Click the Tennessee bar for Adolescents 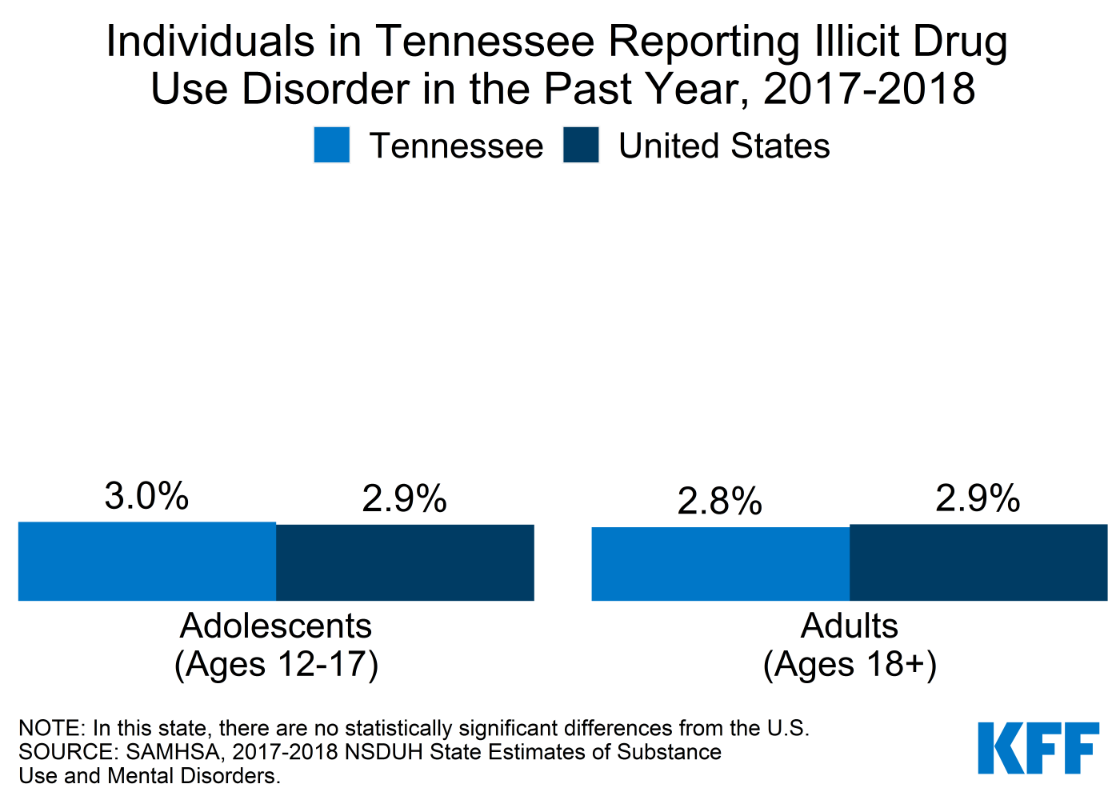(147, 562)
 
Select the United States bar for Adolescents (405, 562)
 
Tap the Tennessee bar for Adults (720, 564)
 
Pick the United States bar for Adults (978, 562)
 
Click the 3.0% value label (146, 496)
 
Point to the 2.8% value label (719, 502)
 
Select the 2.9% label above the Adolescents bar (404, 499)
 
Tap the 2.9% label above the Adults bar (978, 498)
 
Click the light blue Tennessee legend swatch (331, 146)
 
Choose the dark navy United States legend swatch (581, 146)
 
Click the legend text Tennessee (456, 146)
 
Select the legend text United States (724, 146)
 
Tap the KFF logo (1038, 748)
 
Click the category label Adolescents (276, 626)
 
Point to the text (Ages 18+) (850, 665)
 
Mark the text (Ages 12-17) (276, 665)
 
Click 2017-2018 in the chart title (869, 88)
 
